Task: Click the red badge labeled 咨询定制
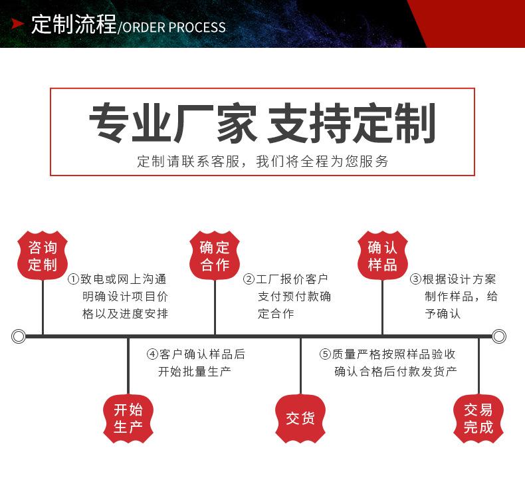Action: point(43,256)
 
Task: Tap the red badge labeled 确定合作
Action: point(215,256)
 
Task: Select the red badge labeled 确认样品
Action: point(383,256)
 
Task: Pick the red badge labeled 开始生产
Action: point(128,418)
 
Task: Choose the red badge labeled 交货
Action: point(300,418)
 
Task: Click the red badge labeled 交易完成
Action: point(478,418)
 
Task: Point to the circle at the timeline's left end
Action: point(19,336)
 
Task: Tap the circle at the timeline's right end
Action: point(499,336)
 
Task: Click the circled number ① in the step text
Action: point(73,280)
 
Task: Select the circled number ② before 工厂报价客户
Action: point(249,280)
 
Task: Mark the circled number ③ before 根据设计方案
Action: point(415,280)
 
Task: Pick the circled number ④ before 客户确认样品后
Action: point(152,354)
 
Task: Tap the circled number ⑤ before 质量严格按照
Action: point(325,354)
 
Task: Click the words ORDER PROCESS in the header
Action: point(174,27)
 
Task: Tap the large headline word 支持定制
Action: point(351,124)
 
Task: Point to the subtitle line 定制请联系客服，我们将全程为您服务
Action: point(262,162)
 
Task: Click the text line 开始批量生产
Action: point(194,372)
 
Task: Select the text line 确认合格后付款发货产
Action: point(395,372)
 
